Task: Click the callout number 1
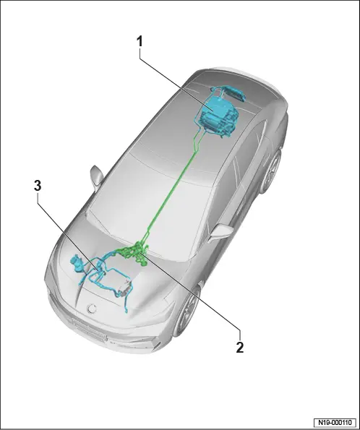coord(140,42)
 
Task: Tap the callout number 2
coord(239,348)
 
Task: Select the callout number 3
coord(38,186)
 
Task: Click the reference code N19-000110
coord(335,422)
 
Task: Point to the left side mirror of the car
coord(97,176)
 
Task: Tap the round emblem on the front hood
coord(92,309)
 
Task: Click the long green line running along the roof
coord(172,192)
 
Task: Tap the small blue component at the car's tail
coord(233,93)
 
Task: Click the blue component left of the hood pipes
coord(77,262)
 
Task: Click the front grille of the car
coord(88,330)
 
